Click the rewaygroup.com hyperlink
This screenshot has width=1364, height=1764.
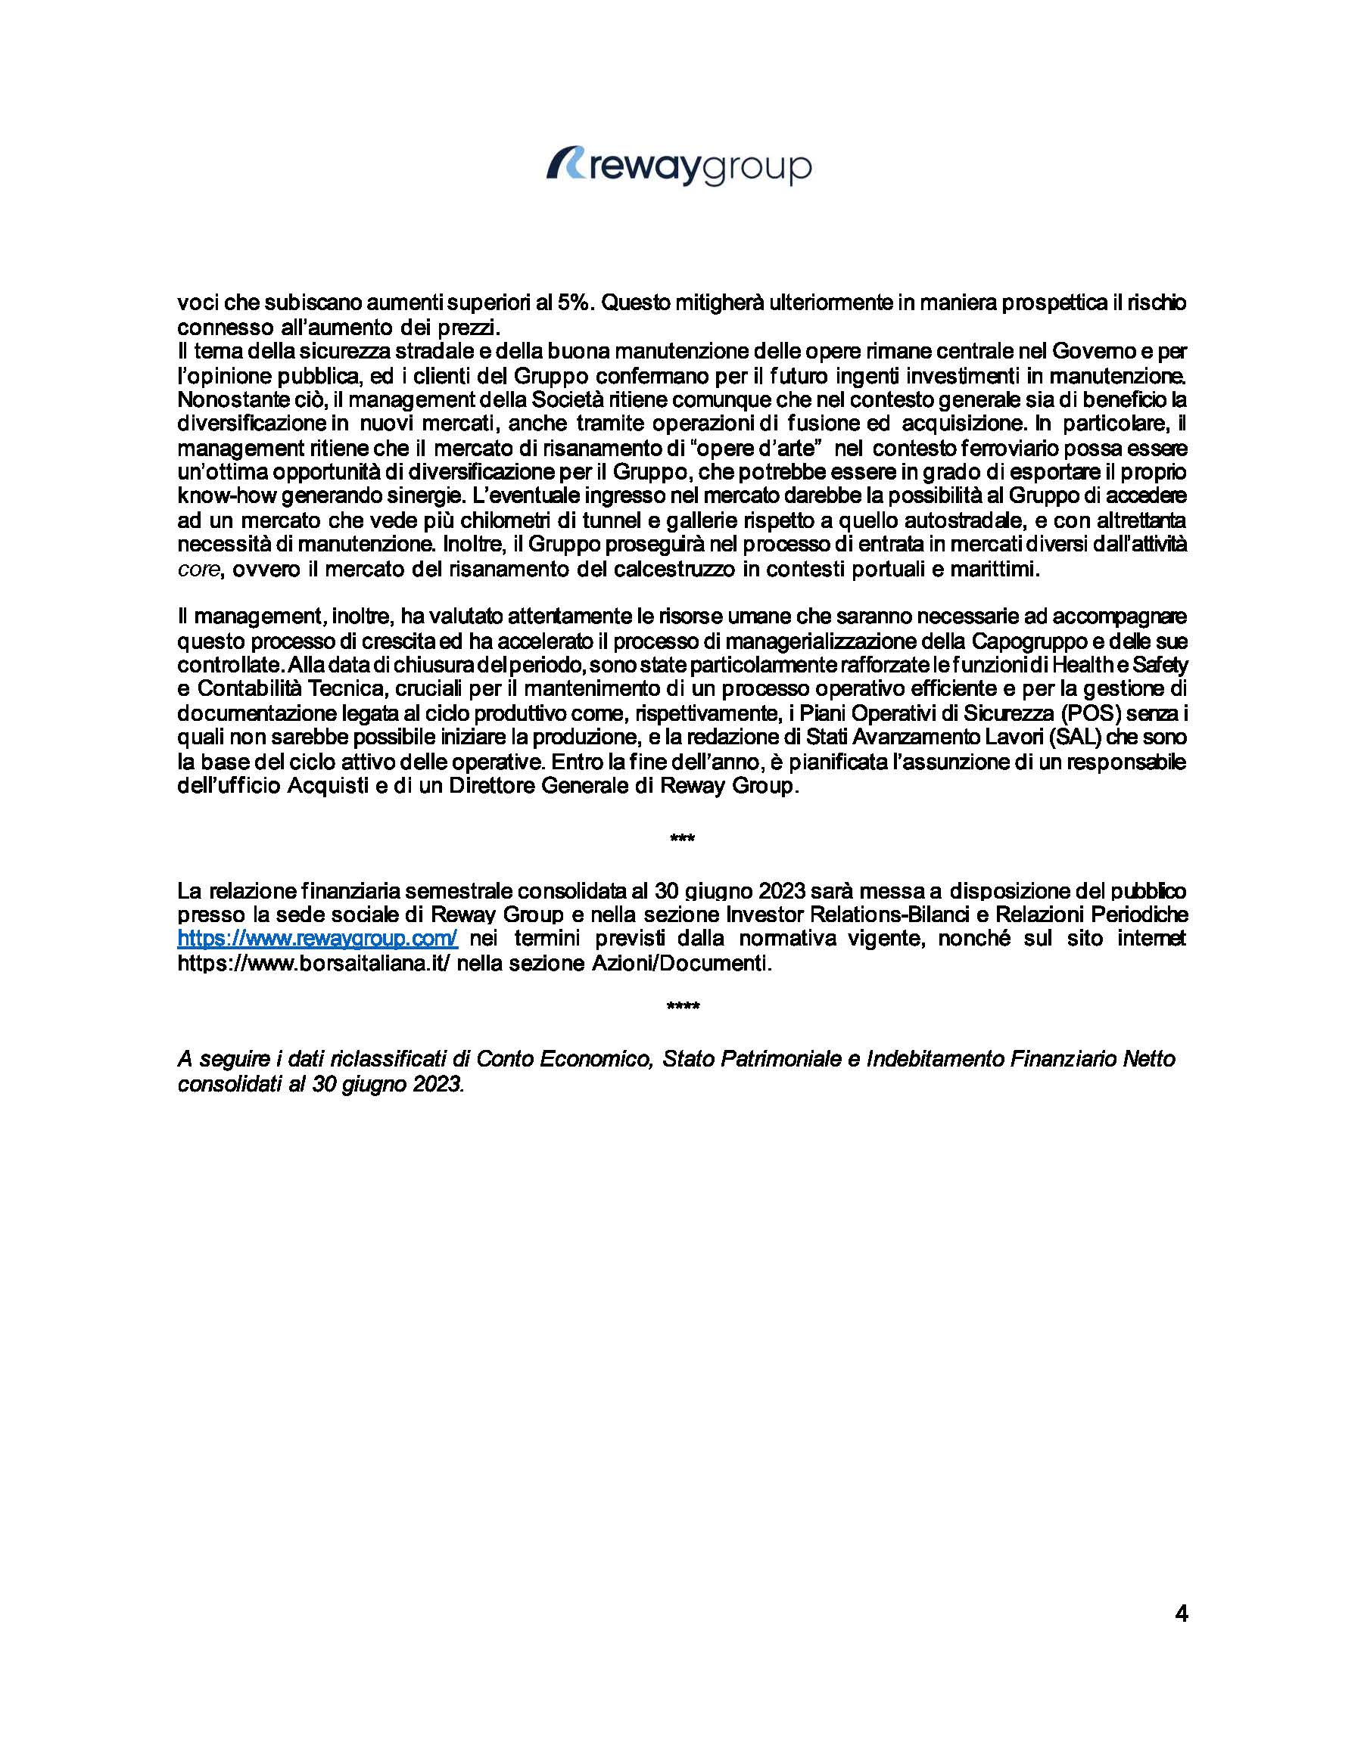point(318,939)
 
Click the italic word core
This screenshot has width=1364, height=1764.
point(198,570)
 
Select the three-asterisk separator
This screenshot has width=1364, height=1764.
point(682,838)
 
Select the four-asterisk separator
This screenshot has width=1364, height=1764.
point(682,1006)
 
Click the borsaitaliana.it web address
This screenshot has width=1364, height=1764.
point(313,964)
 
